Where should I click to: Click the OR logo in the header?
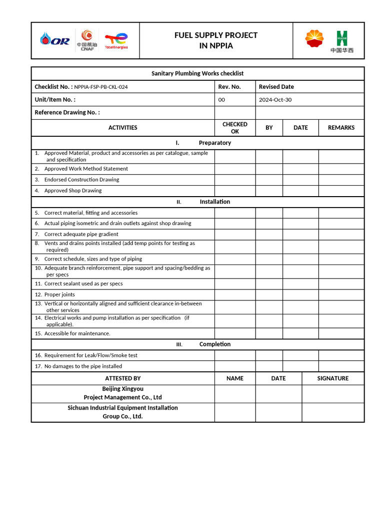point(55,40)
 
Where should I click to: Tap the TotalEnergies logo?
point(116,40)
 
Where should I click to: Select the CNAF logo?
point(87,40)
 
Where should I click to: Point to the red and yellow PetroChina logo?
point(314,39)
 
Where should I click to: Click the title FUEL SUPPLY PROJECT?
point(215,35)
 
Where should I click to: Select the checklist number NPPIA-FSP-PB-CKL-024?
point(101,87)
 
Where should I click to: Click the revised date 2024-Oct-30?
point(275,100)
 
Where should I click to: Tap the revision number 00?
point(221,100)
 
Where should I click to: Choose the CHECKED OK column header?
point(234,128)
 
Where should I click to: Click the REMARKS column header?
point(341,128)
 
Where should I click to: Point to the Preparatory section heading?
point(214,143)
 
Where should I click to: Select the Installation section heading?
point(214,202)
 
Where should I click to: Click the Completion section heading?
point(214,344)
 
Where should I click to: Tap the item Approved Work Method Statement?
point(86,169)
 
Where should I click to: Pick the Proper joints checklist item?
point(59,294)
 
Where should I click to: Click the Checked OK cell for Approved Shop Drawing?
point(234,191)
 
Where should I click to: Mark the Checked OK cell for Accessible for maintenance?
point(234,333)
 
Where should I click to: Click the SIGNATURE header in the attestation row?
point(332,378)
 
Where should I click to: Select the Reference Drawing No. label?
point(67,112)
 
